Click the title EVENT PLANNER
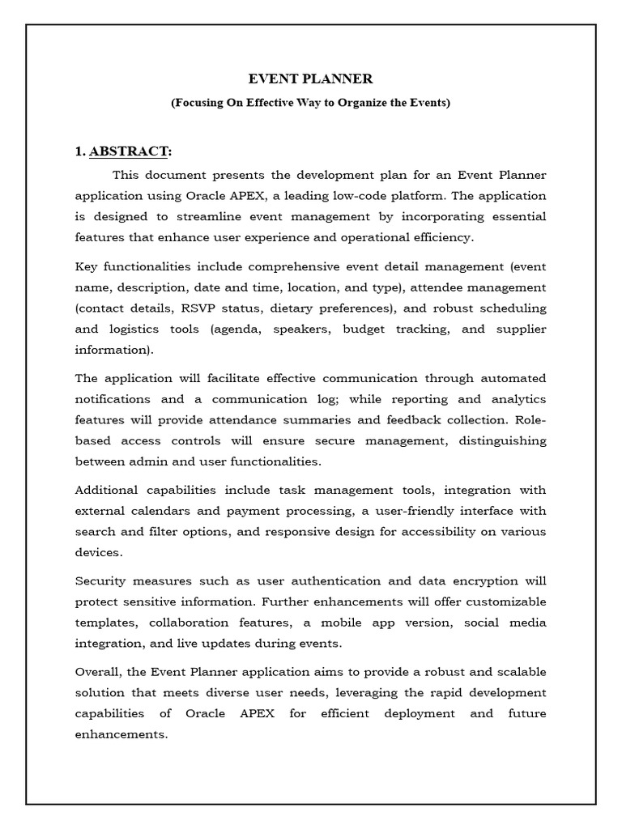tap(310, 79)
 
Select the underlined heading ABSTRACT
tap(130, 151)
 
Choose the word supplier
tap(521, 329)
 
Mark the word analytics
tap(518, 399)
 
